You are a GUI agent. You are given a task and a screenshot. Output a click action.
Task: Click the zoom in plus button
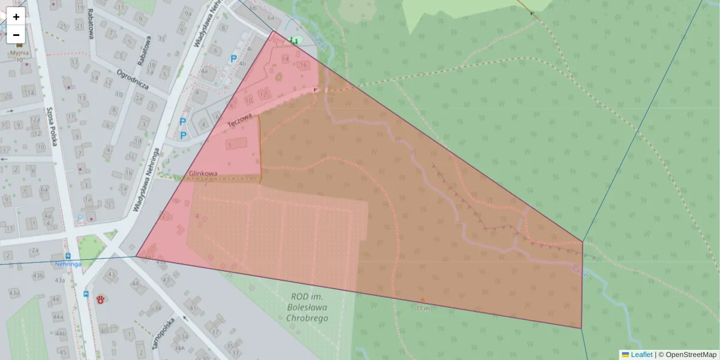pyautogui.click(x=16, y=17)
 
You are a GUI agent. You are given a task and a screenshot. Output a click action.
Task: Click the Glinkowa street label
pyautogui.click(x=203, y=173)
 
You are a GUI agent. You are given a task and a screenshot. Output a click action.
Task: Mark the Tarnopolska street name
pyautogui.click(x=163, y=333)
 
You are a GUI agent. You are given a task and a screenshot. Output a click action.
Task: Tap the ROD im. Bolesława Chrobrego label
pyautogui.click(x=307, y=307)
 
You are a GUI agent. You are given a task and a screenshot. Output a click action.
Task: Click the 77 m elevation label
pyautogui.click(x=423, y=308)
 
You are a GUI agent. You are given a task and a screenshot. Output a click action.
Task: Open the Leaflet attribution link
pyautogui.click(x=641, y=355)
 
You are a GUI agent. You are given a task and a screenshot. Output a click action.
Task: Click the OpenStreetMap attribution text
pyautogui.click(x=691, y=355)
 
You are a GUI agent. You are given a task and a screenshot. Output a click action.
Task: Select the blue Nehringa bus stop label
pyautogui.click(x=68, y=264)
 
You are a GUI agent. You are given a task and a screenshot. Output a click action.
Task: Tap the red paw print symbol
pyautogui.click(x=101, y=298)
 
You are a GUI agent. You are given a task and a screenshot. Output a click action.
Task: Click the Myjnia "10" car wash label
pyautogui.click(x=20, y=56)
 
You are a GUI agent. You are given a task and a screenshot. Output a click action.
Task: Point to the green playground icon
pyautogui.click(x=293, y=40)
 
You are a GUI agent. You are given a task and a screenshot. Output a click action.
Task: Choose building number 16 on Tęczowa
pyautogui.click(x=304, y=65)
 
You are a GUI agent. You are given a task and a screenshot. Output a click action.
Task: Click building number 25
pyautogui.click(x=64, y=26)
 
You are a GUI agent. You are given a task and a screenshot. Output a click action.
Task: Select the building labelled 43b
pyautogui.click(x=38, y=275)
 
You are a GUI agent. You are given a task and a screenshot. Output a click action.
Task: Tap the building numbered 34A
pyautogui.click(x=179, y=347)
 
